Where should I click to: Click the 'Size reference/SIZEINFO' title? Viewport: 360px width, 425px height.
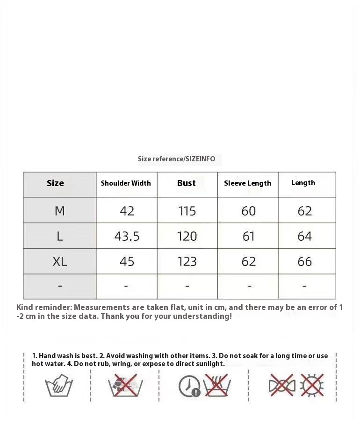[176, 159]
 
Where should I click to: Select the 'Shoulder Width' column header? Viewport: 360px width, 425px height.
[126, 183]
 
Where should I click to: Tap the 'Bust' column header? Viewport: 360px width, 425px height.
[186, 183]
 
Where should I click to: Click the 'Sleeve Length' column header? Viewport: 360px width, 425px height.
[247, 183]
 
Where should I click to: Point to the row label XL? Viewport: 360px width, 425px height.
[60, 261]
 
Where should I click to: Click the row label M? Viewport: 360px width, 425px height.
[60, 211]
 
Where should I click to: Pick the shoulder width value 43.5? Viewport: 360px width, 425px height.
[127, 237]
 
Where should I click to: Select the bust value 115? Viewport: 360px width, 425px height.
[187, 211]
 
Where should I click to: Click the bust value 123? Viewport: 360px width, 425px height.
[187, 261]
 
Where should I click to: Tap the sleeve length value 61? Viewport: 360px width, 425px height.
[249, 237]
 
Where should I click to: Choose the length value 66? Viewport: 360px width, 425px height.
[304, 261]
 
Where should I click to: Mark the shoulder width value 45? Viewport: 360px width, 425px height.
[127, 261]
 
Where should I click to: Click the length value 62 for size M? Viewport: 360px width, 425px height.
[304, 211]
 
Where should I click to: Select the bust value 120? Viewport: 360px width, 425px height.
[187, 237]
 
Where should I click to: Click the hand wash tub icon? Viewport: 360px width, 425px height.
[59, 386]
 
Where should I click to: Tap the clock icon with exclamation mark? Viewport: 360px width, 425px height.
[189, 386]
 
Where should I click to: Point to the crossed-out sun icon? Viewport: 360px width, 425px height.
[312, 385]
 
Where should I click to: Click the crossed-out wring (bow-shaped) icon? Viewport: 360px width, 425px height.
[281, 385]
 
